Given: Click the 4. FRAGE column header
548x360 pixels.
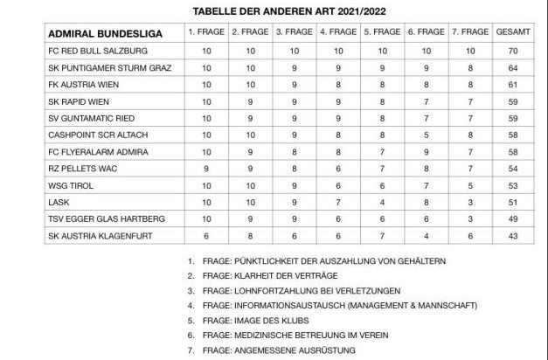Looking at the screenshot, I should click(x=336, y=31).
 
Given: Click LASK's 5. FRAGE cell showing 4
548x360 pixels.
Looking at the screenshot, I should click(x=381, y=201).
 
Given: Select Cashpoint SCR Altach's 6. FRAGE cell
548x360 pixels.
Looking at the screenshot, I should click(x=425, y=134).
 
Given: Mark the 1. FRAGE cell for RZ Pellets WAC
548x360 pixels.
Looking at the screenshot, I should click(x=206, y=168).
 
